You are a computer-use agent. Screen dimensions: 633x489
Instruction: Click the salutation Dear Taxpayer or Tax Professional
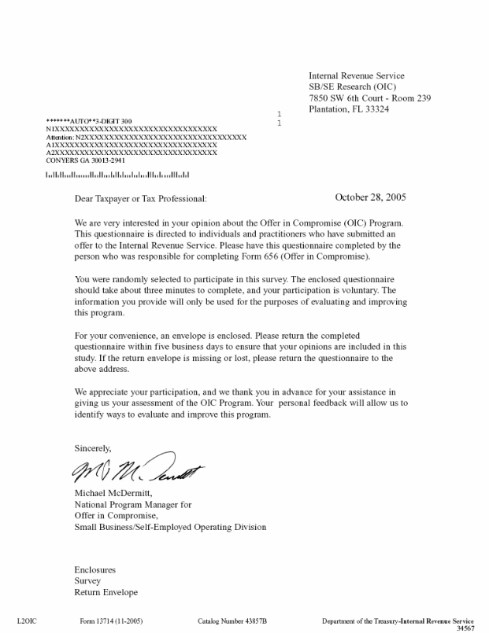140,200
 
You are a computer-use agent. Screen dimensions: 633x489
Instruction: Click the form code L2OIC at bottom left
27,620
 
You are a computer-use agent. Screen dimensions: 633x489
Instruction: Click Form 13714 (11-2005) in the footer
112,620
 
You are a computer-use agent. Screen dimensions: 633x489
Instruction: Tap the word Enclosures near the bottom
95,568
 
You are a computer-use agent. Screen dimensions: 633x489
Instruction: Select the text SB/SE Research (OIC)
352,86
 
